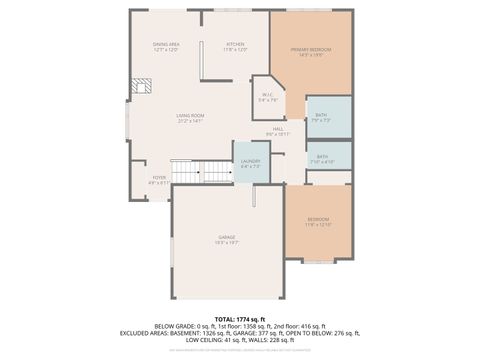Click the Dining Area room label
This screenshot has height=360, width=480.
(166, 45)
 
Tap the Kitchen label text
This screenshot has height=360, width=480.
(235, 44)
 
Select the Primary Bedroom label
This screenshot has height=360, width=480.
(310, 49)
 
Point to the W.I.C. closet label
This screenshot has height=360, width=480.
(267, 96)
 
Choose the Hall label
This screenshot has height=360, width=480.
(277, 129)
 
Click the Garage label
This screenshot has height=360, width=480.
(228, 237)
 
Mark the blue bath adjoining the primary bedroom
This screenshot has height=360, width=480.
(329, 117)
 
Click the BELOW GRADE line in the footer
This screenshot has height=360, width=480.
(240, 326)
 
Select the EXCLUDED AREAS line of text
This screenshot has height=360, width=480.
(240, 333)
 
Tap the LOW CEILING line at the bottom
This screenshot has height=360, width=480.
(240, 340)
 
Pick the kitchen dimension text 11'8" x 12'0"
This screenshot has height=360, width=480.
(235, 49)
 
